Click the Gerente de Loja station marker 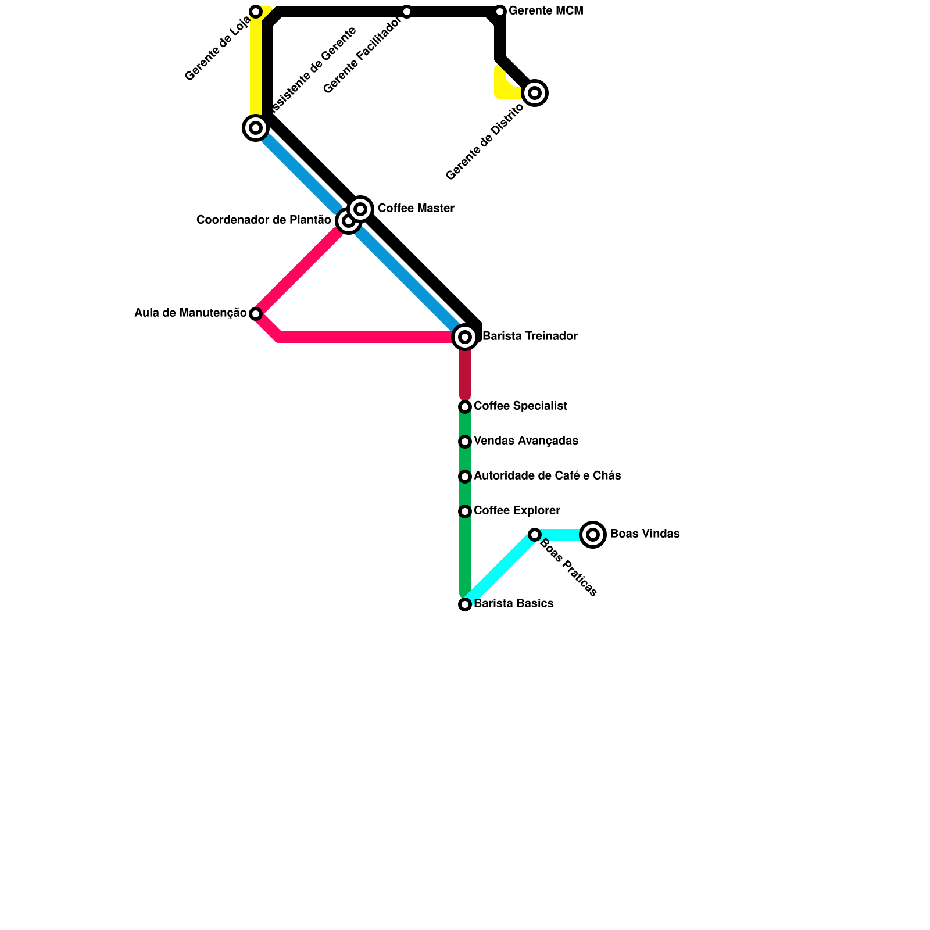point(256,12)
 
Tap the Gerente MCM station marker point(500,12)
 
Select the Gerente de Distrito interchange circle point(535,93)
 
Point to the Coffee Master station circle point(360,209)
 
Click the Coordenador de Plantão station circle point(348,221)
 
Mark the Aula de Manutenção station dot point(256,314)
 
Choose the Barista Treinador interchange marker point(465,337)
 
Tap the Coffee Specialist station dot point(465,407)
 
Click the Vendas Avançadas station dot point(465,442)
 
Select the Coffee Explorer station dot point(465,512)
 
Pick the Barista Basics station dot point(465,604)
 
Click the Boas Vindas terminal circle point(593,535)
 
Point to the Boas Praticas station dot point(535,535)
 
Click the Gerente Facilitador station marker point(407,12)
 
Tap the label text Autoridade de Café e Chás point(547,476)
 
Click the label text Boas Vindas point(645,534)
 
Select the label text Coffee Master point(416,209)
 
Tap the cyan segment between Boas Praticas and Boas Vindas point(561,535)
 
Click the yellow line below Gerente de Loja point(255,64)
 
